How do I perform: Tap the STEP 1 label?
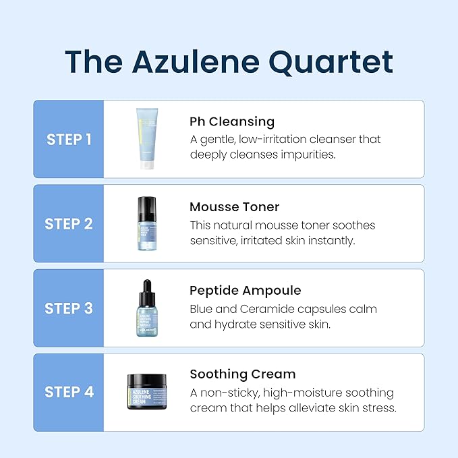point(69,140)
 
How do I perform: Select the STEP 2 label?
point(69,224)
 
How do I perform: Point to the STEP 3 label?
point(69,308)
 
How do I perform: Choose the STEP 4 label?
point(69,392)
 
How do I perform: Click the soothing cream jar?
point(147,391)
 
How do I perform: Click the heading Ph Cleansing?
point(232,122)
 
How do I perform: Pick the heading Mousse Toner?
point(234,206)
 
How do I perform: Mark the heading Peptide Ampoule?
point(245,291)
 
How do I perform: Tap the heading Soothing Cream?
point(242,374)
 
